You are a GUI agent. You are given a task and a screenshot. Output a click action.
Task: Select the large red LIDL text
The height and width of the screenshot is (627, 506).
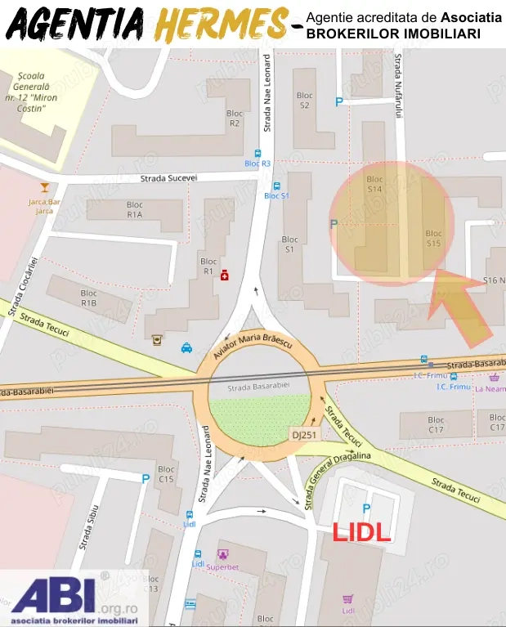[x=360, y=532]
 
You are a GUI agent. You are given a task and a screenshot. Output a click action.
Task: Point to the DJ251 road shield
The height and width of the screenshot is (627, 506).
[x=303, y=435]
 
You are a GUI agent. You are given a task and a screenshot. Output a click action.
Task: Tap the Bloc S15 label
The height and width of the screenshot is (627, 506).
[x=433, y=238]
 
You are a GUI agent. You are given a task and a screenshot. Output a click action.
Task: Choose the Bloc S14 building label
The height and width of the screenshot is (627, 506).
[x=374, y=184]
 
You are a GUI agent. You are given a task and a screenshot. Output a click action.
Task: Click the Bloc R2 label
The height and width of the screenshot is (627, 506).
[x=235, y=119]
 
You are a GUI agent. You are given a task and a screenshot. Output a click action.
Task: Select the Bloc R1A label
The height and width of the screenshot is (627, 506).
[x=134, y=210]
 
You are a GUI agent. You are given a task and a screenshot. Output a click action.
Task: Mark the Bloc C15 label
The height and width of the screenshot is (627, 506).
[x=167, y=474]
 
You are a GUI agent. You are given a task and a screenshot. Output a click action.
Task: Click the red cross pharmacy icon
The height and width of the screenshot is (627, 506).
[x=224, y=277]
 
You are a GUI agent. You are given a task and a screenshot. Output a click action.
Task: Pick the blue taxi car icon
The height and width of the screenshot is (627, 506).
[x=186, y=347]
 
